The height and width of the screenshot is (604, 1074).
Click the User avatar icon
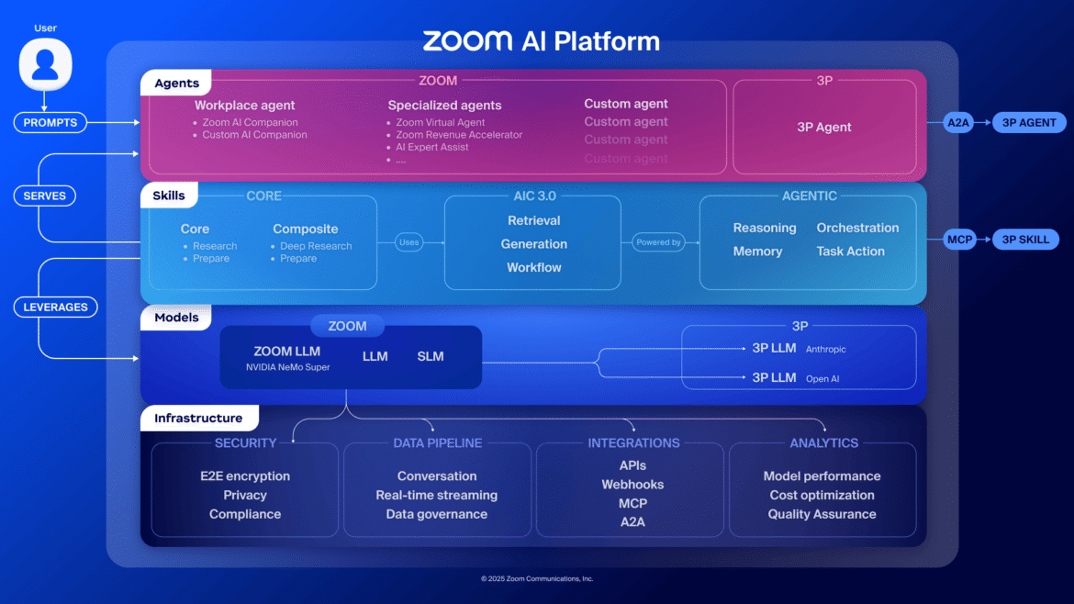click(45, 65)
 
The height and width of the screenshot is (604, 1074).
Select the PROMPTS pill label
click(50, 122)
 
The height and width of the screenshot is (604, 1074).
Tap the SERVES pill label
click(44, 196)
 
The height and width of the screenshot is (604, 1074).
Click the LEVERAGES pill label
click(56, 308)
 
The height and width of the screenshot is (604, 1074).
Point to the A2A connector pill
click(957, 122)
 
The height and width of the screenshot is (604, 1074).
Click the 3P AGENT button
click(1028, 122)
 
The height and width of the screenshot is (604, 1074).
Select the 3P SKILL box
click(1025, 240)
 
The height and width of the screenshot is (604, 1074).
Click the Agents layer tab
click(176, 84)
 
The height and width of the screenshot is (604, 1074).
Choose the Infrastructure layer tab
click(198, 419)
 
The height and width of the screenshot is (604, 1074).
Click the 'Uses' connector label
click(408, 242)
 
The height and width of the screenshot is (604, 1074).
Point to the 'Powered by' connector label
click(658, 242)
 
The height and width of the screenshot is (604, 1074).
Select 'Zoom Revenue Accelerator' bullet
click(459, 135)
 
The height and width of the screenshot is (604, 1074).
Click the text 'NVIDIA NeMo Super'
click(287, 367)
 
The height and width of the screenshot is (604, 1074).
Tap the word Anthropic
click(825, 350)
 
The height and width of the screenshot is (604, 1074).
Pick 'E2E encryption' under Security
click(245, 476)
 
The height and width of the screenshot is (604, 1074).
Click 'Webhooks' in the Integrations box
click(632, 485)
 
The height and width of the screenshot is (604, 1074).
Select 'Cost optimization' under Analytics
click(822, 496)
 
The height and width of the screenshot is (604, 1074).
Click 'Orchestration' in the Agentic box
click(857, 228)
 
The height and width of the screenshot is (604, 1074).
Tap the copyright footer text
click(537, 579)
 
